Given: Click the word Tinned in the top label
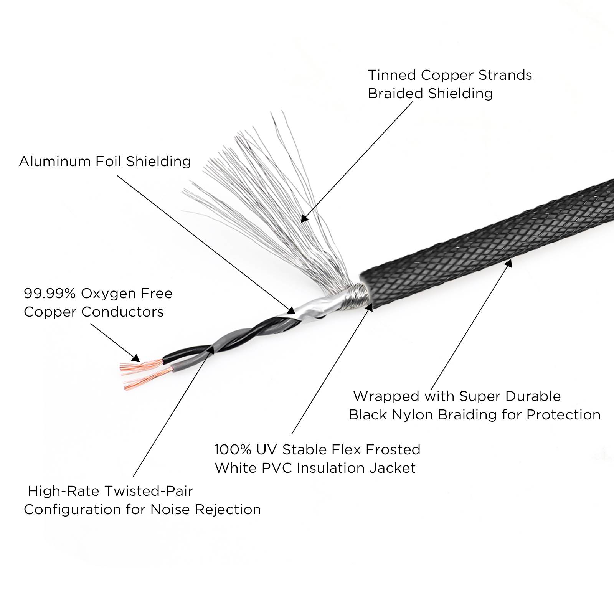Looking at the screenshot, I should (391, 75).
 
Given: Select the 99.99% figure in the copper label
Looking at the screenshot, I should (50, 294).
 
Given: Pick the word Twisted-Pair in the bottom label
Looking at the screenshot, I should (149, 491).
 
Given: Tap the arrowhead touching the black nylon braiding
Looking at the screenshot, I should (509, 263).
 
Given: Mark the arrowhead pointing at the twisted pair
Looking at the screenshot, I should (210, 349).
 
